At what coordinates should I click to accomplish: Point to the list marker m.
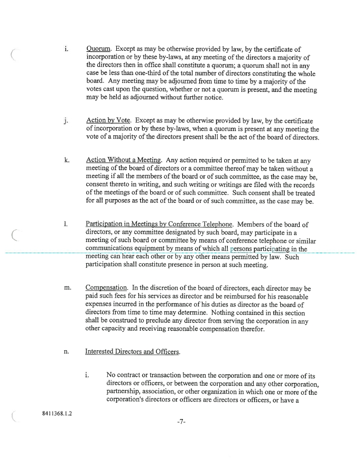pyautogui.click(x=67, y=288)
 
